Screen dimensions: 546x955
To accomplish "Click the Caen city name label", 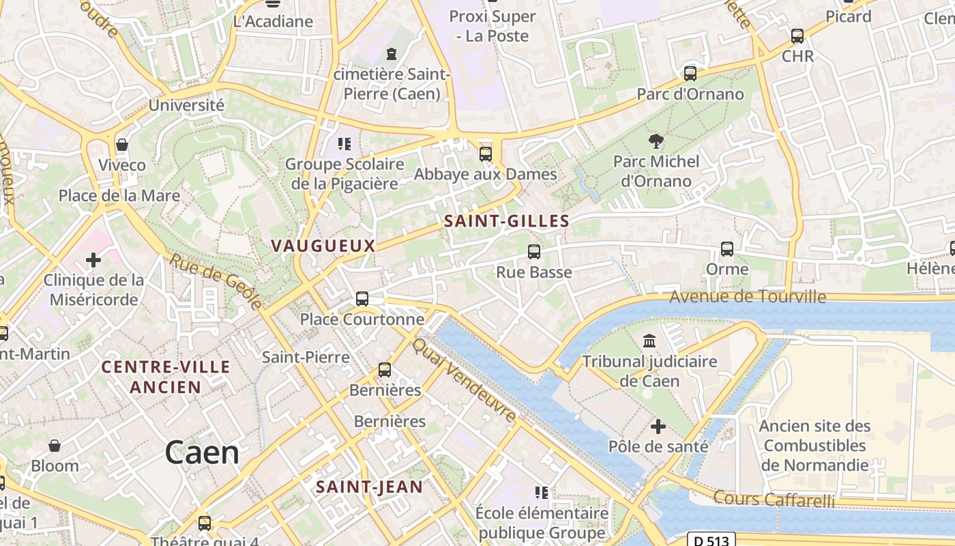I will (x=202, y=453).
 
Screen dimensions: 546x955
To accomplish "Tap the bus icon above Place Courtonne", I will (x=362, y=298).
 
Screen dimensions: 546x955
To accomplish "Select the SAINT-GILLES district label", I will (x=506, y=221).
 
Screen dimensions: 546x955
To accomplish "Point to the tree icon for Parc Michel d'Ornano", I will (x=656, y=141).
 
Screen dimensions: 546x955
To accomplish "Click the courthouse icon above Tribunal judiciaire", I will (x=649, y=341).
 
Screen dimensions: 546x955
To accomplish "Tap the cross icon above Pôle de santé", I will (x=658, y=427).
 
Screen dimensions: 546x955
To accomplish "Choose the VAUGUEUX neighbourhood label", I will (x=323, y=246).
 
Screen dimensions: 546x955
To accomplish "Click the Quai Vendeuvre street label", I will (x=464, y=380).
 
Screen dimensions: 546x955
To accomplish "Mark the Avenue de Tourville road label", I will (x=748, y=297).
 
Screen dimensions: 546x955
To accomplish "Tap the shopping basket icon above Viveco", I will (x=122, y=145).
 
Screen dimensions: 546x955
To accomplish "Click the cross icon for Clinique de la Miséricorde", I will (x=93, y=260).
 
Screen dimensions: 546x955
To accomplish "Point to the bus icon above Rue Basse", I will (x=534, y=252).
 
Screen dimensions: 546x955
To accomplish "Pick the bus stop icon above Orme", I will (x=727, y=249).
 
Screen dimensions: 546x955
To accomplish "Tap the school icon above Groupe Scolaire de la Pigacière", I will (x=344, y=143).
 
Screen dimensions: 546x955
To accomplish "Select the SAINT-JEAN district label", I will (x=369, y=487).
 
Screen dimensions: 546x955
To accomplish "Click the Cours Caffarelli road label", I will (x=774, y=499).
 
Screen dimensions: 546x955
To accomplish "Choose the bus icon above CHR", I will (x=797, y=35).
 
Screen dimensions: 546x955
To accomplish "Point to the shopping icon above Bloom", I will (x=55, y=446).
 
